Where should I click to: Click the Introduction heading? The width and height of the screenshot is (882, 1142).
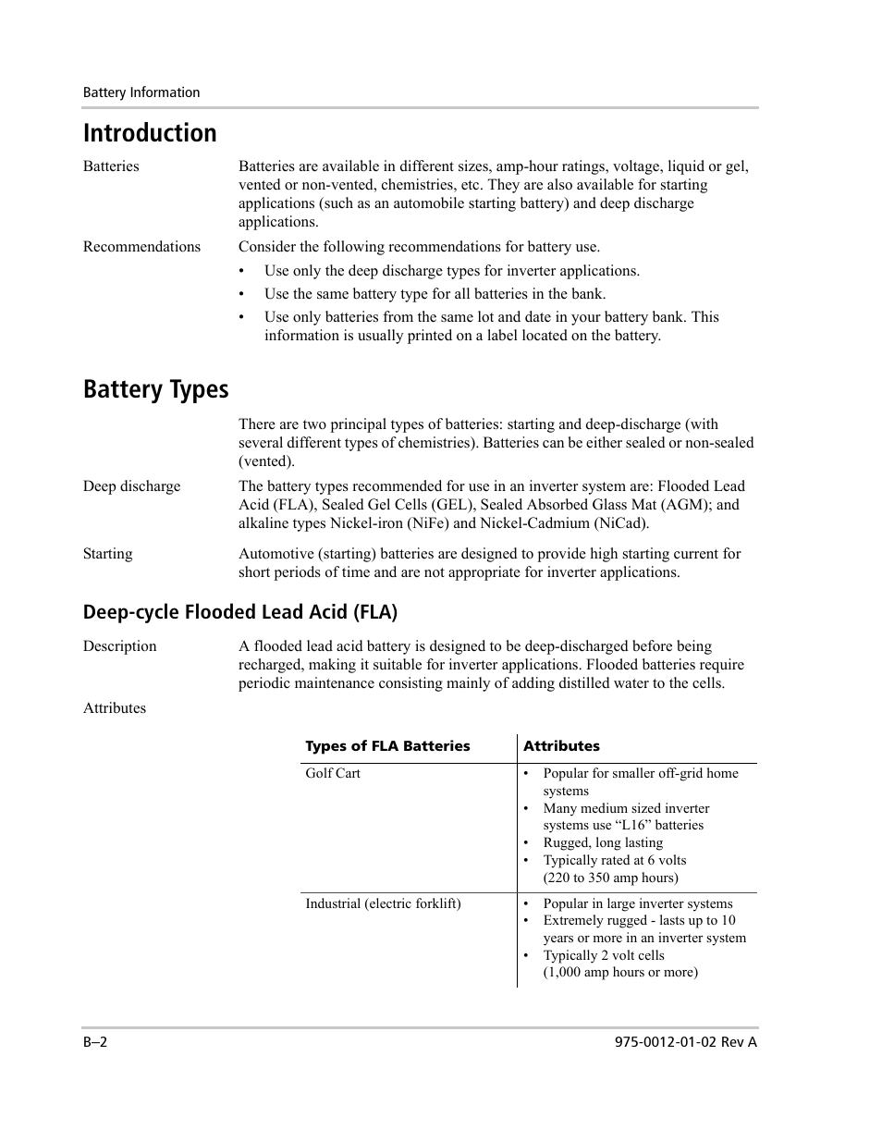pos(150,133)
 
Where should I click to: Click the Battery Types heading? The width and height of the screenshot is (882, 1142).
pos(155,389)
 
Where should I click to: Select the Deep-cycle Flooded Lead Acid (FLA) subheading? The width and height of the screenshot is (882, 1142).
pos(239,612)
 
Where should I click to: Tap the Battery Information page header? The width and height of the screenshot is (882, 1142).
pos(141,92)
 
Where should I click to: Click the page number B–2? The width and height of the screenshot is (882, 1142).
pos(96,1042)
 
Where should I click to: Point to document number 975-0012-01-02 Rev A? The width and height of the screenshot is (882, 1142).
pos(685,1042)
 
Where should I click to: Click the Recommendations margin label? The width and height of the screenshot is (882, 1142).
pos(141,247)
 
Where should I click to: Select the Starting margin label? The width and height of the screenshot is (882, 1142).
pos(107,554)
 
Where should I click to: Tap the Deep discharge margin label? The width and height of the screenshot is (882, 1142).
pos(131,486)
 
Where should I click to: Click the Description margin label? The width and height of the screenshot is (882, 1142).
pos(119,646)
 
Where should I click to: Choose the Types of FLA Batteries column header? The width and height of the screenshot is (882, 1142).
pos(387,746)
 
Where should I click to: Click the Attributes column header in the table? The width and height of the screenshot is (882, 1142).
pos(561,746)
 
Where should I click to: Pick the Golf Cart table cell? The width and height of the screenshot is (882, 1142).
pos(333,773)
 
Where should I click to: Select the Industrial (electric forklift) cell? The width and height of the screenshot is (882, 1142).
pos(383,903)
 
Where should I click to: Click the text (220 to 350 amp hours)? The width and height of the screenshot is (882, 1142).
pos(610,878)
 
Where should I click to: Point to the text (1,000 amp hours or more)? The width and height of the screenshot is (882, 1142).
pos(620,972)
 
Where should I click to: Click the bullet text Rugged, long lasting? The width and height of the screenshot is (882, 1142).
pos(603,842)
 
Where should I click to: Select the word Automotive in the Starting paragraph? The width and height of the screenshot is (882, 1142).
pos(275,554)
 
